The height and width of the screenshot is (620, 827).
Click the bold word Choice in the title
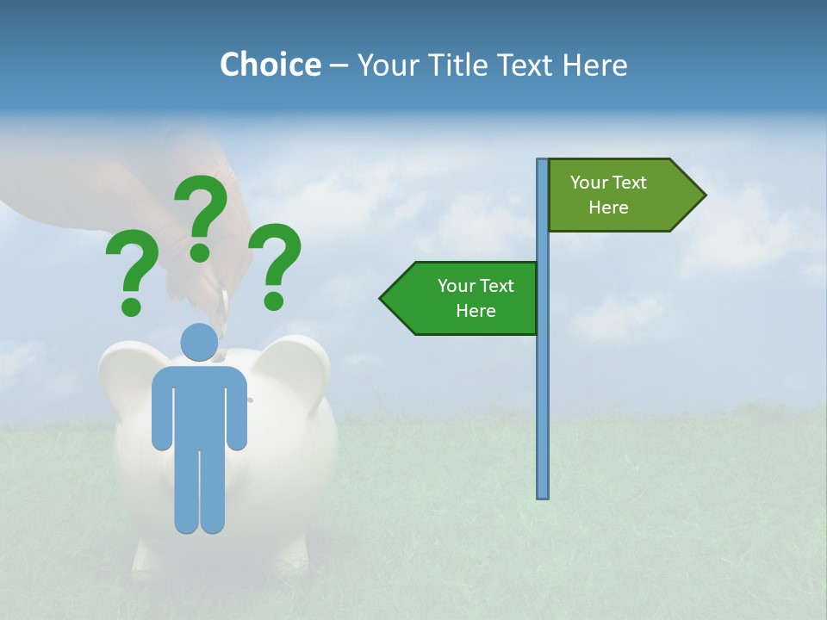click(270, 65)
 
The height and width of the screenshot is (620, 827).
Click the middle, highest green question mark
click(202, 215)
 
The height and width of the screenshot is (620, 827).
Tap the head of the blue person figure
click(199, 343)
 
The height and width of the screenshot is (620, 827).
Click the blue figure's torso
click(199, 405)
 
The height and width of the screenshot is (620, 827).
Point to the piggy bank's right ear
click(297, 362)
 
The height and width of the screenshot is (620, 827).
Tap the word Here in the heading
click(594, 65)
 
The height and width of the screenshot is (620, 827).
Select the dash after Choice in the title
click(339, 66)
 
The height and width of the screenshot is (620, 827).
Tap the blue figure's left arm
click(161, 413)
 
